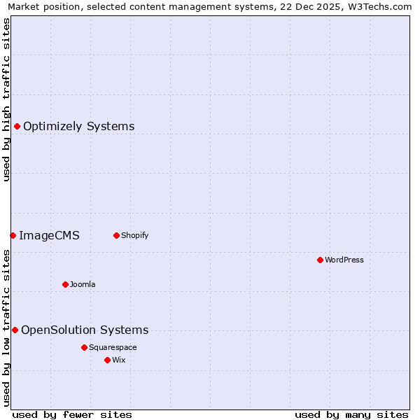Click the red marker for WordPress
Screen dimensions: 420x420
pos(320,260)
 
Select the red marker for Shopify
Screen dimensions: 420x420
pos(116,235)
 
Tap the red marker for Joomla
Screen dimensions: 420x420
pos(65,284)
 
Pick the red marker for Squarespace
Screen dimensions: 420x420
pos(84,347)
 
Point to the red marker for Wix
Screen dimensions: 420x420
pos(107,360)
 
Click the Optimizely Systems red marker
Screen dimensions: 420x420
pos(17,126)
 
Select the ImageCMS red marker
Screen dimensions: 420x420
pos(13,235)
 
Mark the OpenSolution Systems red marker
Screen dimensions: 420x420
pos(15,330)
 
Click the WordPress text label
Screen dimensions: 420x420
pos(344,260)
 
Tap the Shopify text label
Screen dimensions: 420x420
pos(134,235)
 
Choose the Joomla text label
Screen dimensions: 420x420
pos(83,284)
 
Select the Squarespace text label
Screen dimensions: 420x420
pos(113,347)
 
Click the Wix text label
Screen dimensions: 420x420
pos(118,360)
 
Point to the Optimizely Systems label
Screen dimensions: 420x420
pos(78,126)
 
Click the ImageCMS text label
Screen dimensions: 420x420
pos(49,235)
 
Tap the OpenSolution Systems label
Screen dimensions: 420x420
pos(85,330)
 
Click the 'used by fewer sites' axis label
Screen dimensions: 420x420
pos(72,414)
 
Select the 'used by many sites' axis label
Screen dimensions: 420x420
pos(351,414)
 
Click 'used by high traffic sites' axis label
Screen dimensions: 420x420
pos(6,99)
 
